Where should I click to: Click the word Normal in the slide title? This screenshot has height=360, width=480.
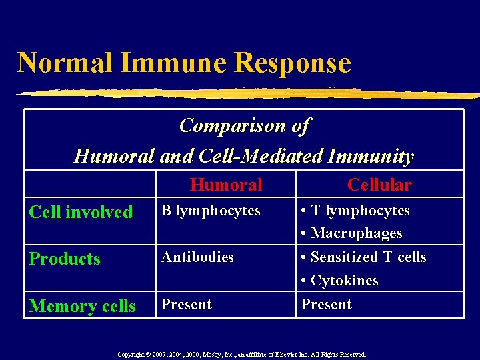pyautogui.click(x=65, y=63)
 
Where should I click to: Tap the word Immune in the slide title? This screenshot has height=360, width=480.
pyautogui.click(x=174, y=63)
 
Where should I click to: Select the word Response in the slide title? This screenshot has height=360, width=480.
pyautogui.click(x=293, y=63)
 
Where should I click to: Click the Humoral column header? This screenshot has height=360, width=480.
pyautogui.click(x=226, y=185)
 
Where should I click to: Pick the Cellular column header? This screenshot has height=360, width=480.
pyautogui.click(x=379, y=185)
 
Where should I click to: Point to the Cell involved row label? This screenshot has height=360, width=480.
pyautogui.click(x=81, y=212)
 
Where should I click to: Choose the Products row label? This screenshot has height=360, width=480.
pyautogui.click(x=65, y=259)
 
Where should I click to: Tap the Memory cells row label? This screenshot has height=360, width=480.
pyautogui.click(x=82, y=306)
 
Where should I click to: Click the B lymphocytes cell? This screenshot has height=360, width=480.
pyautogui.click(x=211, y=211)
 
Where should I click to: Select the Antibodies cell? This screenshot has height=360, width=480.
pyautogui.click(x=197, y=257)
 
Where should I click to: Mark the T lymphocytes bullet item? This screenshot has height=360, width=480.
pyautogui.click(x=355, y=211)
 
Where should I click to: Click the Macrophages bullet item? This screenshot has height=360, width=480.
pyautogui.click(x=352, y=233)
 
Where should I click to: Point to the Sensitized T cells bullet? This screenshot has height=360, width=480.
pyautogui.click(x=364, y=257)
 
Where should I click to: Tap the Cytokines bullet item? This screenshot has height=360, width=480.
pyautogui.click(x=340, y=281)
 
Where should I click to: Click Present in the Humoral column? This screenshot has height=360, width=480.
pyautogui.click(x=187, y=305)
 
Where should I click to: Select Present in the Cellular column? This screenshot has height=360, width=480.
pyautogui.click(x=326, y=305)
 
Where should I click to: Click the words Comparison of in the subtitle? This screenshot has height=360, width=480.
pyautogui.click(x=244, y=125)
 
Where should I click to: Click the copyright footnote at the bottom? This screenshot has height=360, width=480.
pyautogui.click(x=241, y=355)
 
